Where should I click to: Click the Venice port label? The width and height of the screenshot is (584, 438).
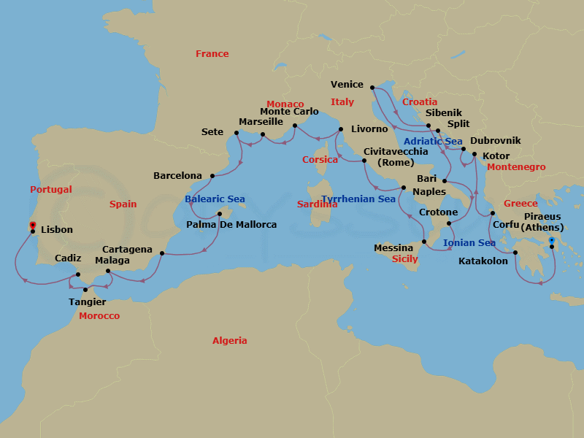(347, 85)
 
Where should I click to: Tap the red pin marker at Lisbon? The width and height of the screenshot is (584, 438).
(32, 225)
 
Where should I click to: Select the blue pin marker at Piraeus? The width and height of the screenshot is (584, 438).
(552, 240)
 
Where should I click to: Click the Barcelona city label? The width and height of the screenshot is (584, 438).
(177, 176)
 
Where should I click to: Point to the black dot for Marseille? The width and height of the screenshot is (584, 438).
(263, 134)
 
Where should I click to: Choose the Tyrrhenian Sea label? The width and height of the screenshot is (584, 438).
(358, 199)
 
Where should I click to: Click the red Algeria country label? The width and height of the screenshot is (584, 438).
(229, 341)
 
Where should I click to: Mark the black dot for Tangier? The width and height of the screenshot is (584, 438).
(85, 290)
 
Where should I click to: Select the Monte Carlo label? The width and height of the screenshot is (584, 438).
(290, 112)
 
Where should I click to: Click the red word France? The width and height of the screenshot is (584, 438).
(212, 54)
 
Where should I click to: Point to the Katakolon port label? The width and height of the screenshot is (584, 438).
(483, 261)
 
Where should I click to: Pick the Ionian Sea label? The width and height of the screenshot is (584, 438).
(469, 243)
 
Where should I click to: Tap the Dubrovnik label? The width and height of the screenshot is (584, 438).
(495, 140)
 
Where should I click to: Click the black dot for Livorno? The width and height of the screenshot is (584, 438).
(341, 130)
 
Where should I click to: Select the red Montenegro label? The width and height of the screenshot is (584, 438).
(516, 167)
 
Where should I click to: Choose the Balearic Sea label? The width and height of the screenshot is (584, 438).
(215, 199)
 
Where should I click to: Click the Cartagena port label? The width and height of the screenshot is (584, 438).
(127, 250)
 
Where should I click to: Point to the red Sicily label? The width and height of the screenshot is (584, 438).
(405, 259)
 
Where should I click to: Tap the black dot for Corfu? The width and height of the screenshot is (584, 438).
(493, 213)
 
